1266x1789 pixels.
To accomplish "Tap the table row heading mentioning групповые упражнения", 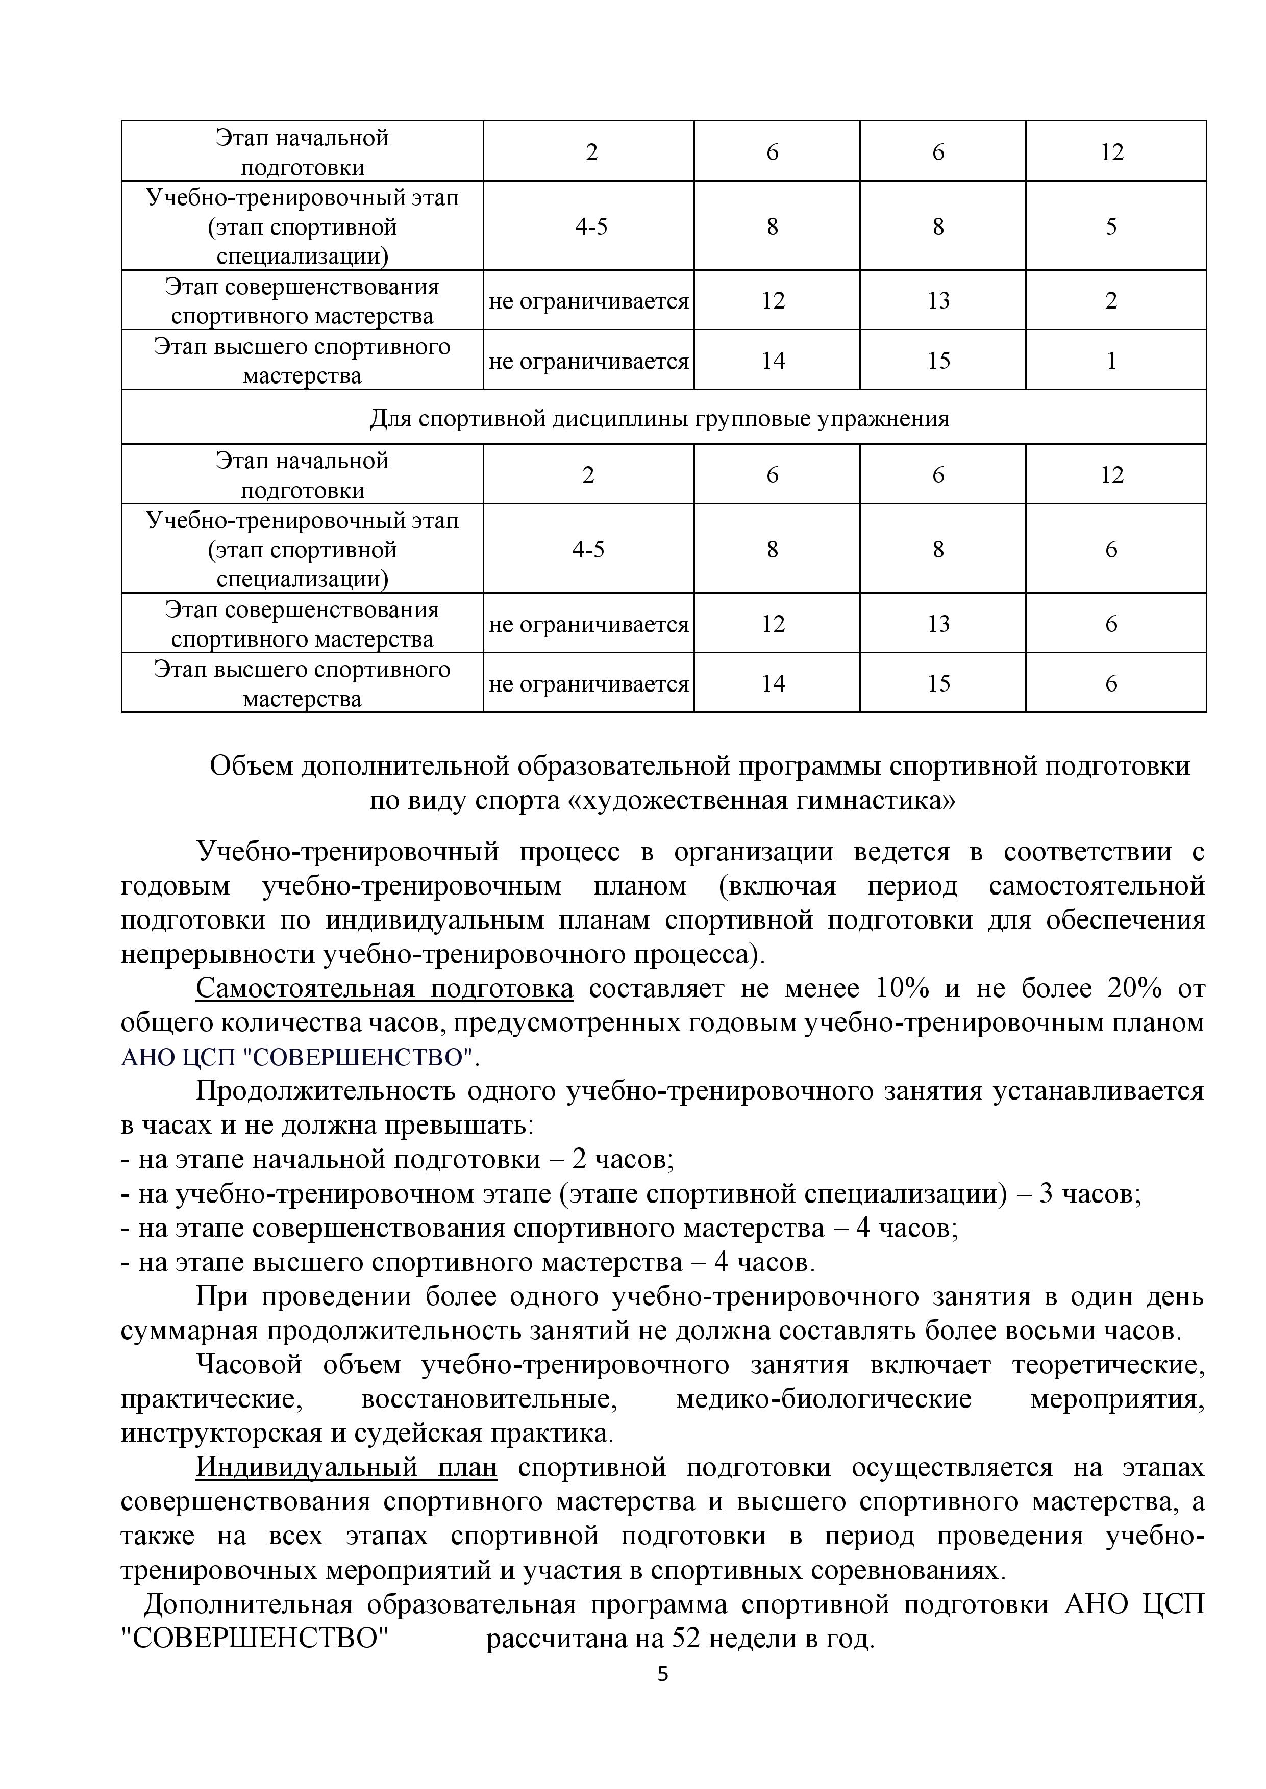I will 659,418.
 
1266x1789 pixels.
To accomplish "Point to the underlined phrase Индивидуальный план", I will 346,1467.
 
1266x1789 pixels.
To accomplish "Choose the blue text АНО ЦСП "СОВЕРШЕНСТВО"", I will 300,1057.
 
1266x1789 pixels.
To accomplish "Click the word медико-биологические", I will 824,1399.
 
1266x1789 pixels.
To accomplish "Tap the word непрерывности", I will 218,955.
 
